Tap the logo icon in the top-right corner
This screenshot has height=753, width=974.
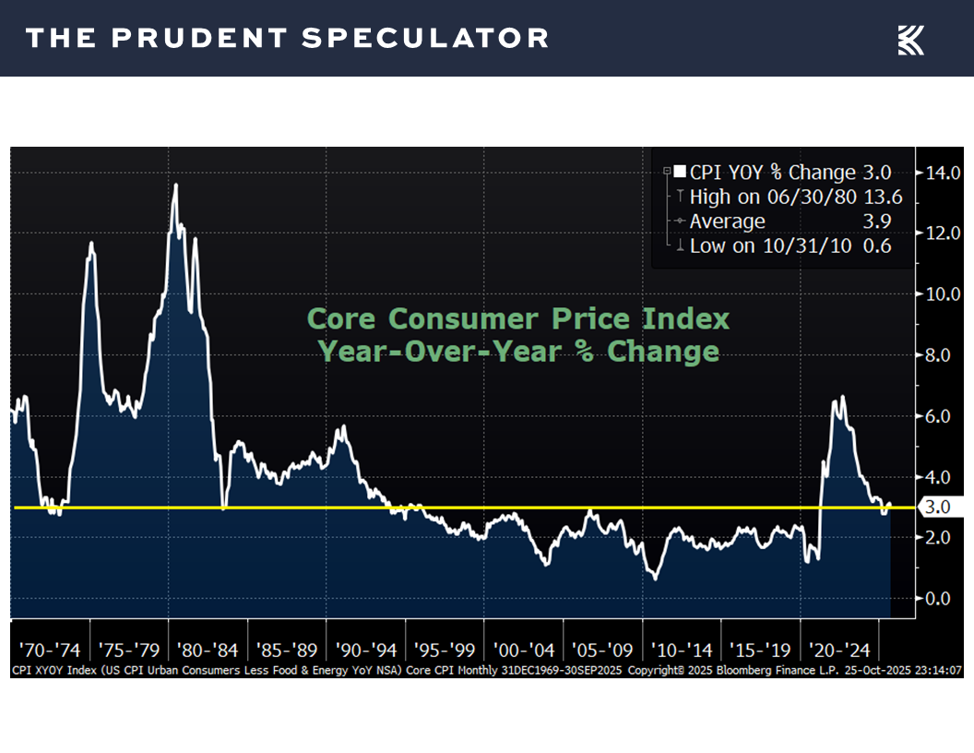click(910, 40)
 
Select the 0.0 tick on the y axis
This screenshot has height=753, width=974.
click(938, 599)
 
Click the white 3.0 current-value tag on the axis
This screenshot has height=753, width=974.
click(939, 507)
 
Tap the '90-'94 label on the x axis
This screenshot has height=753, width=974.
click(366, 649)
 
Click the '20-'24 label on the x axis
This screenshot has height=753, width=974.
click(841, 649)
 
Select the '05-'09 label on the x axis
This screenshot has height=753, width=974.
click(603, 649)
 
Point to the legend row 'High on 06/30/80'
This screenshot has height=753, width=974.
click(775, 197)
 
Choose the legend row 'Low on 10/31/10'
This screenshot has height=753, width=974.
click(775, 246)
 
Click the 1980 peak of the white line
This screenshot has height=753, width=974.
click(175, 185)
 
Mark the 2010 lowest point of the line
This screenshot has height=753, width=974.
click(655, 579)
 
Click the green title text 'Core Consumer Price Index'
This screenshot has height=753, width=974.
click(517, 319)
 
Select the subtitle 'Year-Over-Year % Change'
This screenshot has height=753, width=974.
click(517, 352)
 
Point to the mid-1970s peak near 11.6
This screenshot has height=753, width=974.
click(91, 244)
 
